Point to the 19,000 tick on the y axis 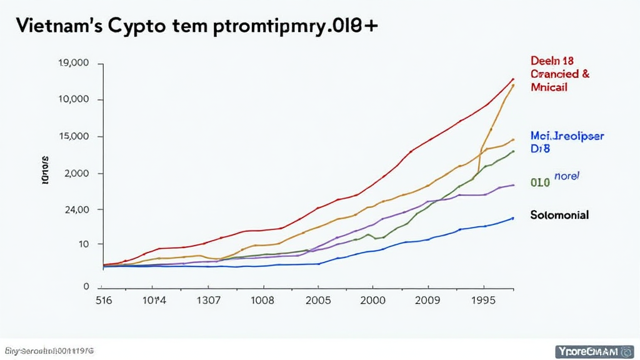click(x=74, y=63)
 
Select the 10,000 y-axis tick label click(x=74, y=99)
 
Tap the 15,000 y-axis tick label click(x=74, y=136)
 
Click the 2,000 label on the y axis click(x=77, y=173)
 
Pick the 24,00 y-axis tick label click(x=77, y=209)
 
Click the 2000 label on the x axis click(x=373, y=300)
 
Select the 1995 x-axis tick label click(x=482, y=300)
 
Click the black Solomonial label click(x=559, y=215)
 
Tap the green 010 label click(x=540, y=182)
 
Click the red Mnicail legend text click(x=549, y=87)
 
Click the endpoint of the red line click(x=513, y=79)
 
